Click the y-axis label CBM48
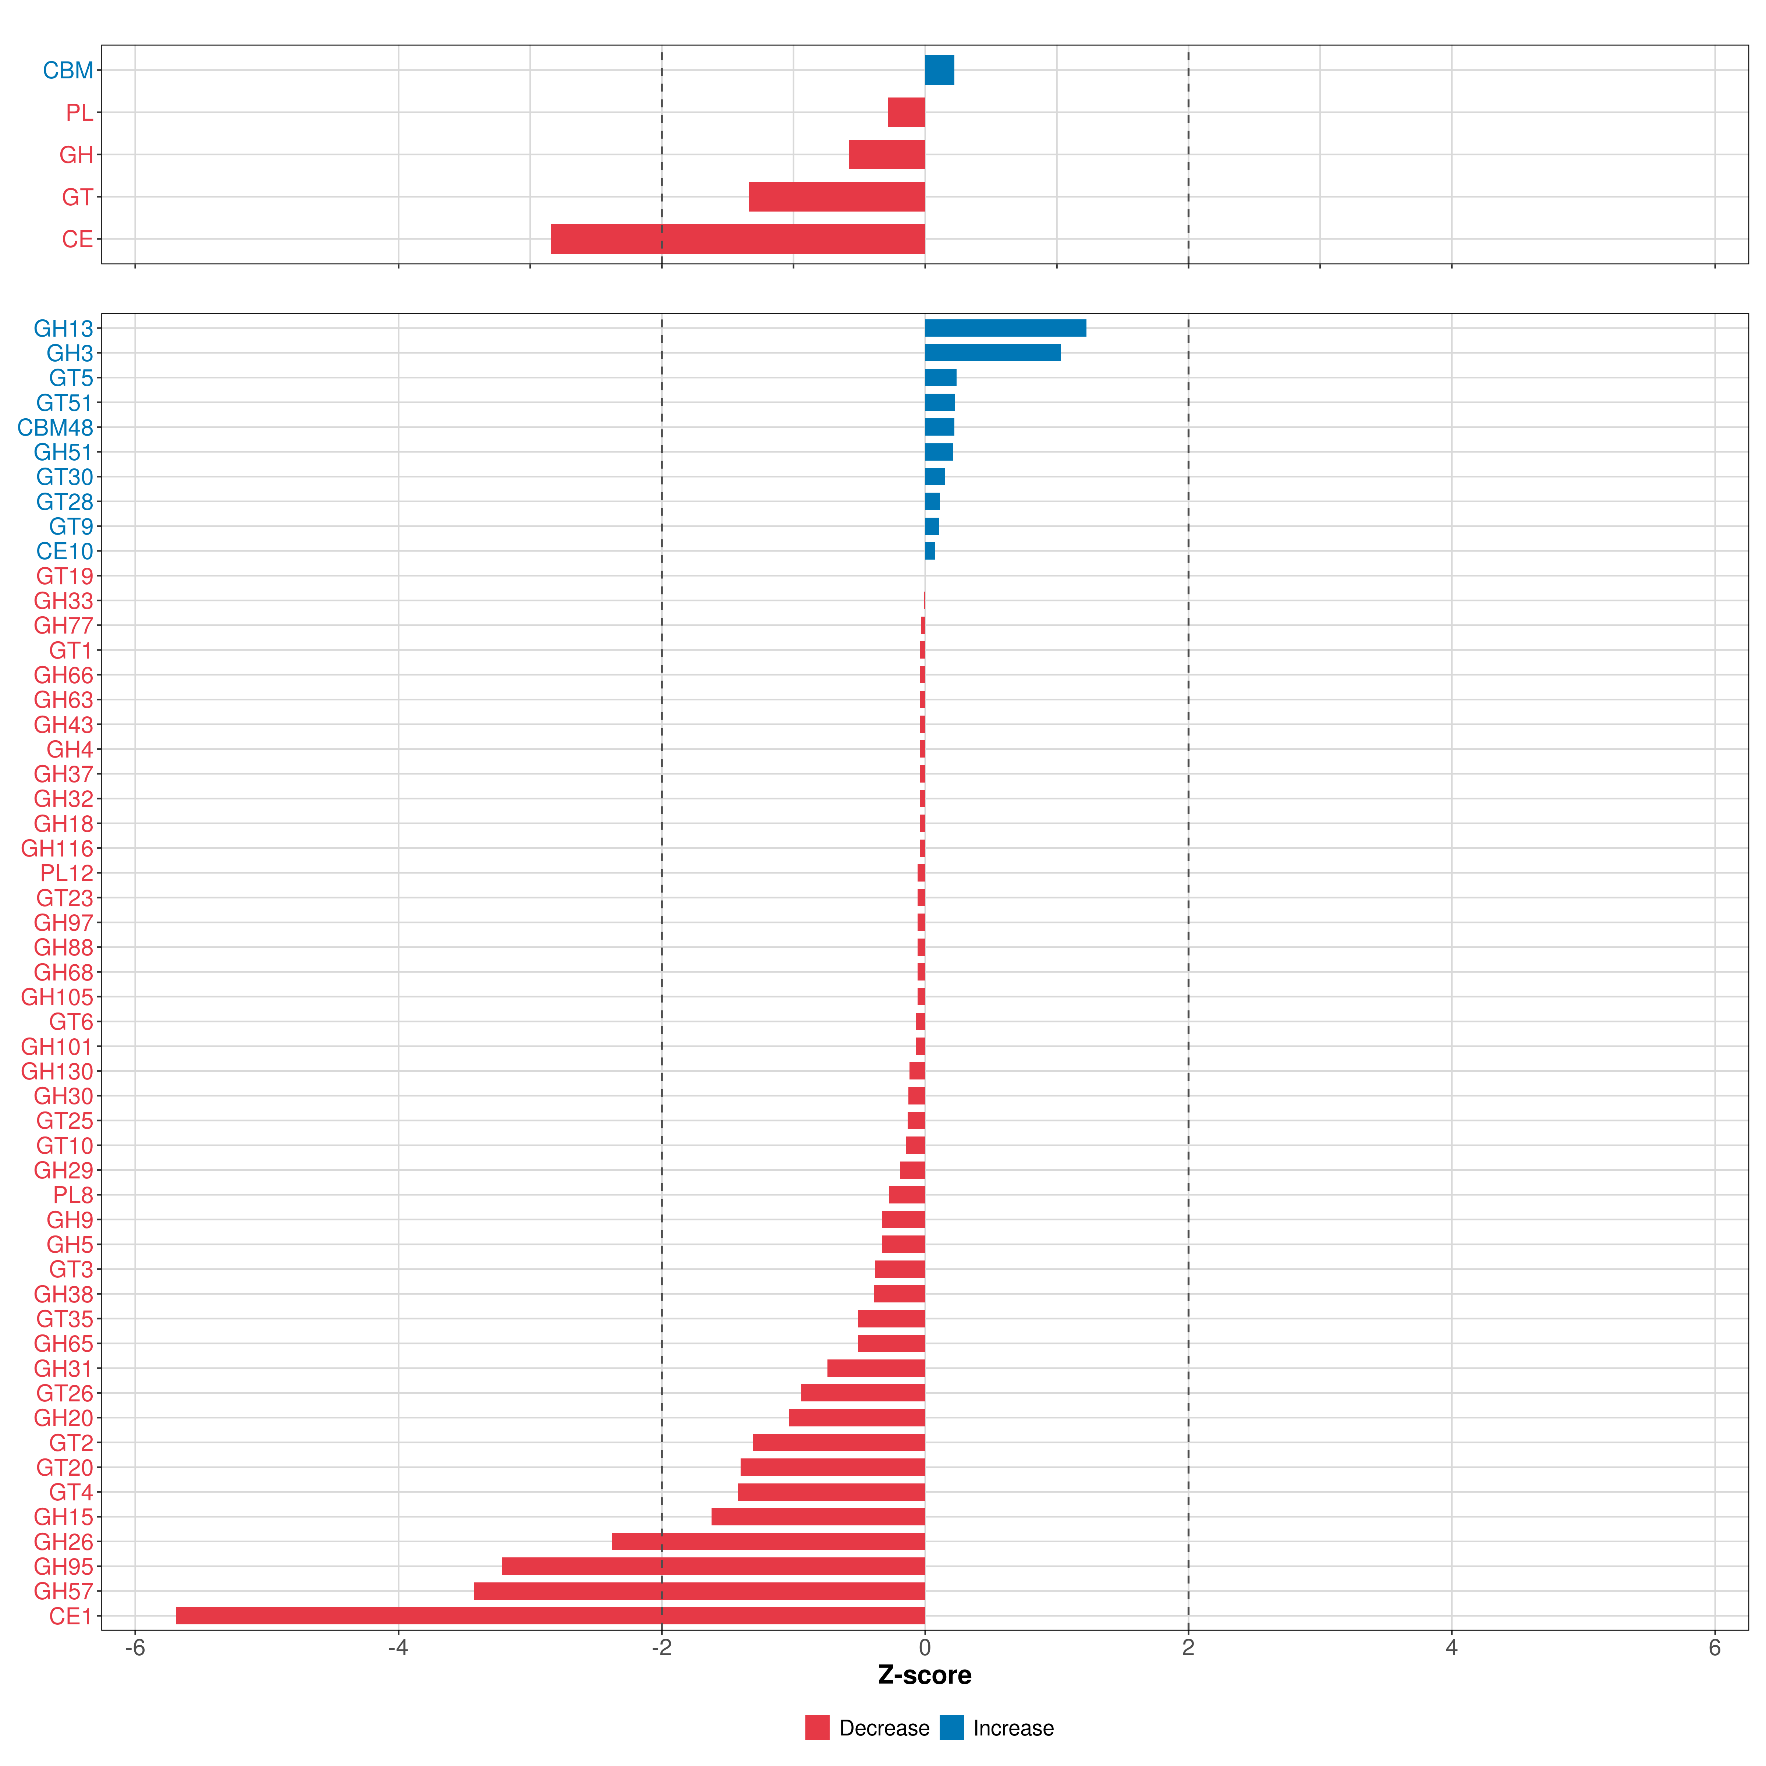[x=56, y=428]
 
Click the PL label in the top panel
[x=79, y=113]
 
